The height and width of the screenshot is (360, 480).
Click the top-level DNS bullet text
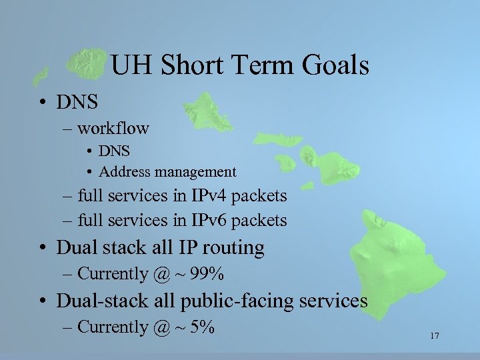(77, 102)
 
